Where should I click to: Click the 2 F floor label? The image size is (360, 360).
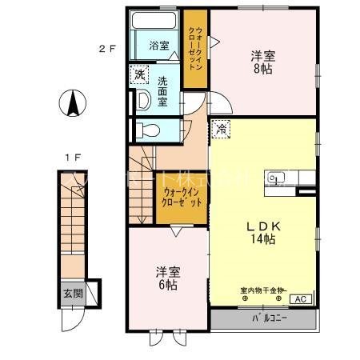pos(107,48)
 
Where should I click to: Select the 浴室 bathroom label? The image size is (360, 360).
pos(158,46)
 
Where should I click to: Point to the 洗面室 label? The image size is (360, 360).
pos(162,86)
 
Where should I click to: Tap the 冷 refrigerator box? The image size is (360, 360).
pos(220,127)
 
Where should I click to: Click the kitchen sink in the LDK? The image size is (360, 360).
pos(277,178)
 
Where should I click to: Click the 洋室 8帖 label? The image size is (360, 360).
pos(263,62)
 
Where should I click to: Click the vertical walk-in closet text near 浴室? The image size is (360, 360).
pos(195,48)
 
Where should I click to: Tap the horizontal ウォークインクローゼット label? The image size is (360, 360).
pos(182,198)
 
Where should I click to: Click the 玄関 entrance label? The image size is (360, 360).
pos(72,293)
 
